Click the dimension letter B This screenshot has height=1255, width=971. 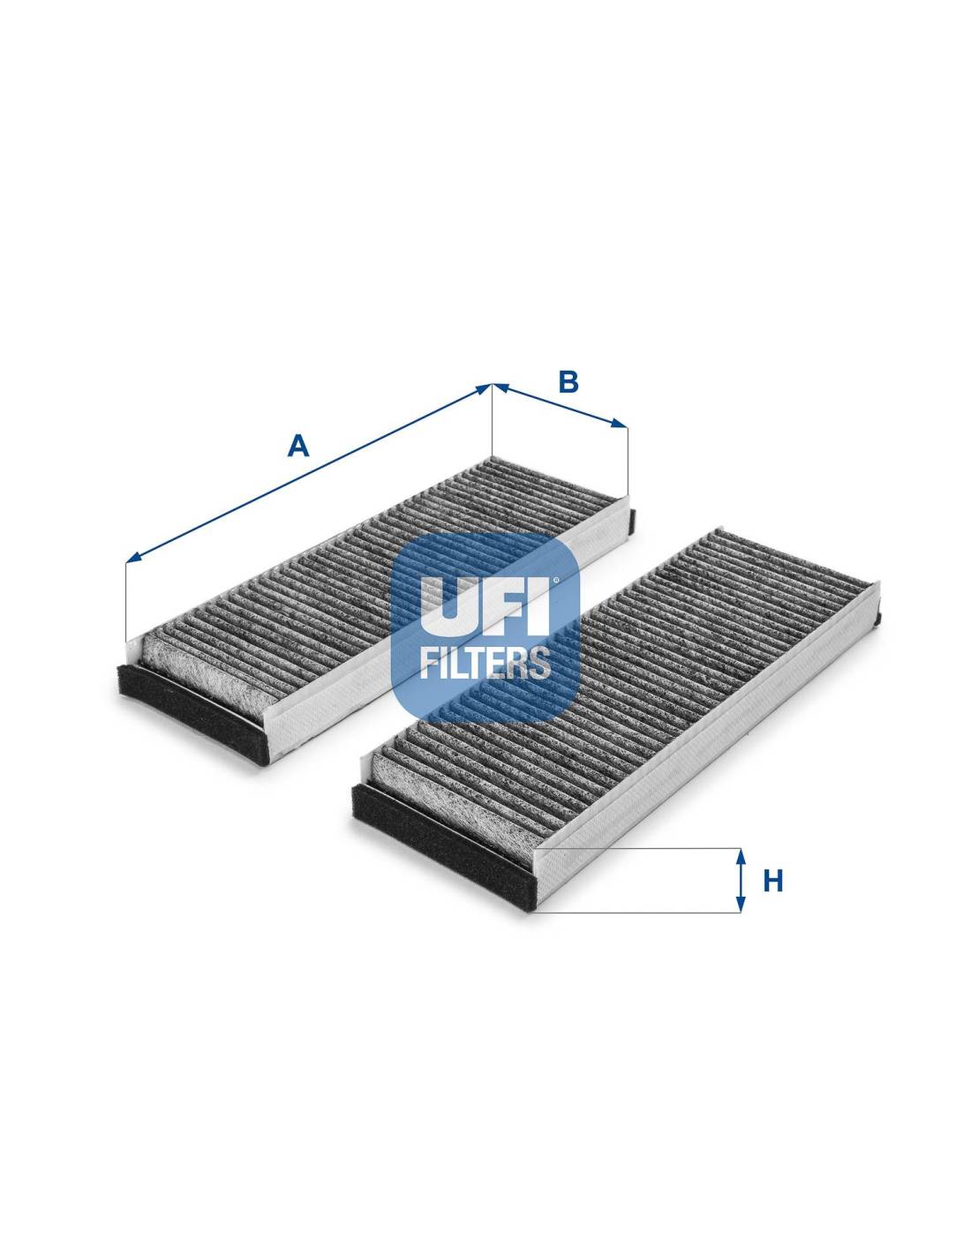[x=568, y=382]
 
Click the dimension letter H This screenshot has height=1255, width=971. [x=773, y=880]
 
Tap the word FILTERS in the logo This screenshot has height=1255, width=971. [x=485, y=661]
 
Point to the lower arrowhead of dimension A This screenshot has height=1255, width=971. [x=132, y=558]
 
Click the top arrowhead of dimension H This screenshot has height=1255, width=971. [x=741, y=855]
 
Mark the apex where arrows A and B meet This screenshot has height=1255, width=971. [x=492, y=385]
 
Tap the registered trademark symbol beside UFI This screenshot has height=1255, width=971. [x=556, y=581]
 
